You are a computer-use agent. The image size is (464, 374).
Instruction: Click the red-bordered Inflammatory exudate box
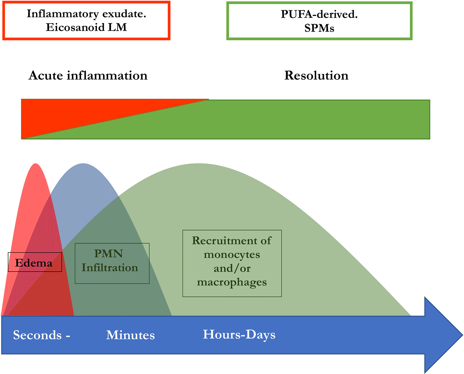(x=86, y=21)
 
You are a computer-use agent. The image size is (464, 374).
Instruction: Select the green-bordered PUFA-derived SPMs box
(x=319, y=21)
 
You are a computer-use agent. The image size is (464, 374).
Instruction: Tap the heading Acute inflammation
(x=88, y=76)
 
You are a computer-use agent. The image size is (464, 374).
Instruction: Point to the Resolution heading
(x=316, y=76)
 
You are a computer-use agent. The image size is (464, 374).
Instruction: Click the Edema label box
(x=35, y=262)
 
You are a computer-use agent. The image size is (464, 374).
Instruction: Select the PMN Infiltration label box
(x=112, y=263)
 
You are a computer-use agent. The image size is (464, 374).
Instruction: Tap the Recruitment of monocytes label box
(x=232, y=263)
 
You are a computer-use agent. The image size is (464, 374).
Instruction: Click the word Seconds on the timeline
(x=37, y=335)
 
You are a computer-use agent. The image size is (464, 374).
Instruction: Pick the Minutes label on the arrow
(x=130, y=335)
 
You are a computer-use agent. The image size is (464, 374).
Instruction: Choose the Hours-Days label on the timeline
(x=239, y=334)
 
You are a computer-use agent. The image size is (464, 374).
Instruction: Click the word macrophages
(x=232, y=282)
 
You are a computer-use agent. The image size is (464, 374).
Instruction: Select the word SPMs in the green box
(x=319, y=28)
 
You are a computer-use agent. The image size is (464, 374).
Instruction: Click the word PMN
(x=108, y=254)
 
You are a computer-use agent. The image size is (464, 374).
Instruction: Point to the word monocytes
(x=232, y=254)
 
